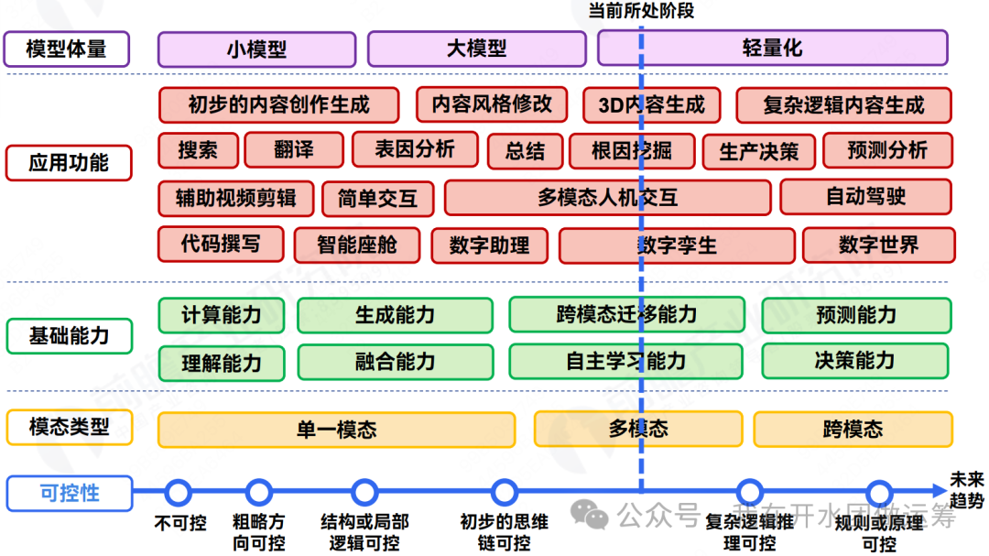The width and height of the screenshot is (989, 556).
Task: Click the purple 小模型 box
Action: (x=256, y=49)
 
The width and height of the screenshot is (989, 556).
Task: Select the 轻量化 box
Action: (x=773, y=49)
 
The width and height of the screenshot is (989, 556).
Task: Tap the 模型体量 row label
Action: (x=66, y=49)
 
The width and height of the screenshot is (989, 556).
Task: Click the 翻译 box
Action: (x=295, y=150)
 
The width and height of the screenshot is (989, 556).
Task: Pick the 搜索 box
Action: (x=198, y=150)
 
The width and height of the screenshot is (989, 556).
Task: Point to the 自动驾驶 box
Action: (x=865, y=197)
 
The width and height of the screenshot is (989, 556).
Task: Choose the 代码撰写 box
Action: (x=220, y=244)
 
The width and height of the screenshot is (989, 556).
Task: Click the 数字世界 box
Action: (x=878, y=245)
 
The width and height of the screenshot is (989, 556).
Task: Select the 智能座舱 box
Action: (x=357, y=245)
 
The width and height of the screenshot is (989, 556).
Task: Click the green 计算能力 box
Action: (x=221, y=315)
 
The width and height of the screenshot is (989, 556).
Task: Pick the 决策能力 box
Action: (x=854, y=361)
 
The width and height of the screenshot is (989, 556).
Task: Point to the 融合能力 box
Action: (x=395, y=362)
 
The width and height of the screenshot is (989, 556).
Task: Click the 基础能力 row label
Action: (x=69, y=336)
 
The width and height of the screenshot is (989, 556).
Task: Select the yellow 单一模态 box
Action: (x=336, y=430)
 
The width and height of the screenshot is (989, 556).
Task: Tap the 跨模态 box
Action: (x=853, y=429)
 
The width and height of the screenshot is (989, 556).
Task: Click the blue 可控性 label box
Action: (x=69, y=493)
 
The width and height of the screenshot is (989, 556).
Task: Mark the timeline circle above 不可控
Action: (x=179, y=493)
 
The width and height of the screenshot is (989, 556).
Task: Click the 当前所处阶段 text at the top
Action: (x=641, y=11)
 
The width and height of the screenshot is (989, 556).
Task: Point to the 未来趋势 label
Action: (x=966, y=490)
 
